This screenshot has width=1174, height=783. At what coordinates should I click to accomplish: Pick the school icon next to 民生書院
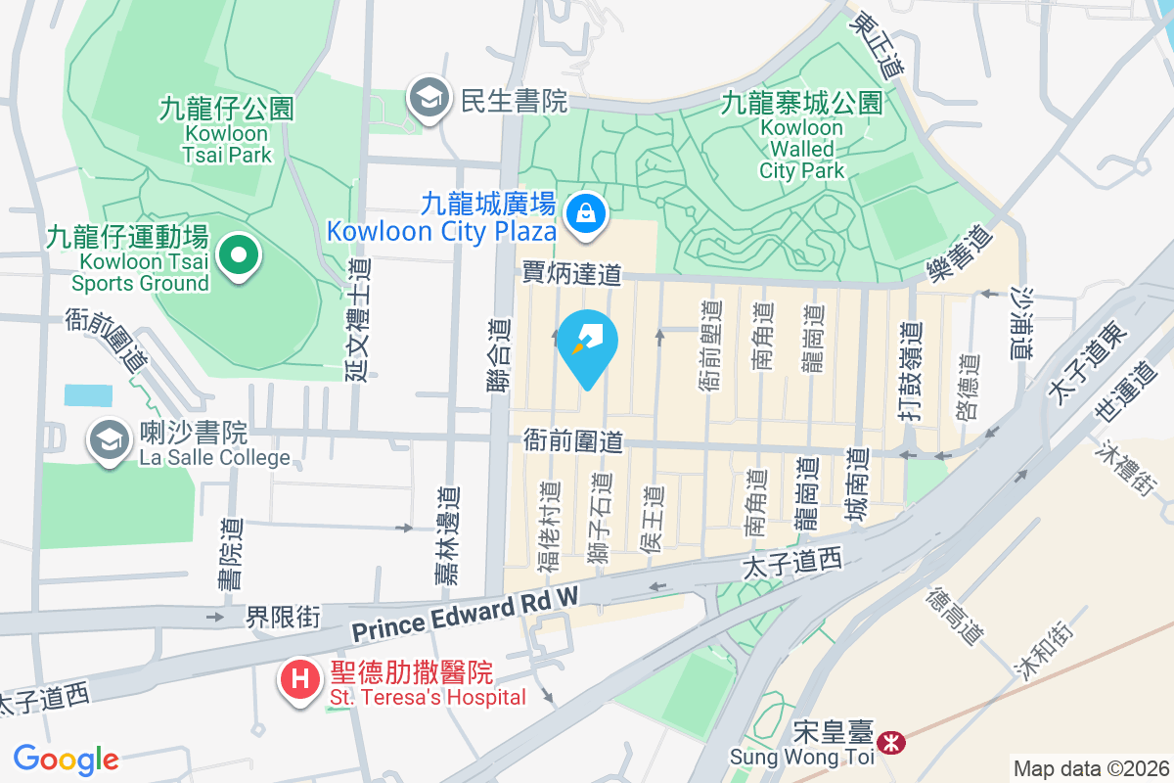(429, 98)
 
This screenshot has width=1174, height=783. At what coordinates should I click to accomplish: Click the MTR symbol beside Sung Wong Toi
(891, 743)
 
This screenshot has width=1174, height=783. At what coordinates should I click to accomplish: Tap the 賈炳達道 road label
(571, 273)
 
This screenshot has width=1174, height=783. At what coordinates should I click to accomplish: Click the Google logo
(66, 759)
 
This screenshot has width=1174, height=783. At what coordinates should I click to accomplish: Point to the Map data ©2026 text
(1090, 768)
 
